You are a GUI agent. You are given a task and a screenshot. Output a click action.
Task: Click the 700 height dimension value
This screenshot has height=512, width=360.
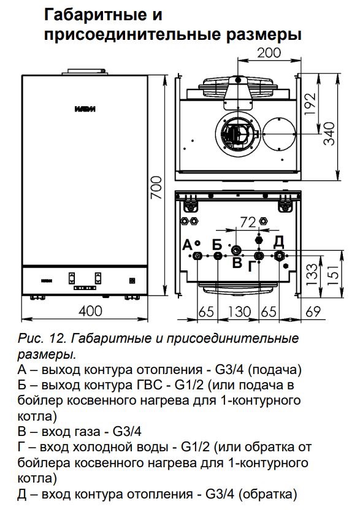(157, 187)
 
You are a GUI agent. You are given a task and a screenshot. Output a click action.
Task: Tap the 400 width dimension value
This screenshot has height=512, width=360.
(90, 311)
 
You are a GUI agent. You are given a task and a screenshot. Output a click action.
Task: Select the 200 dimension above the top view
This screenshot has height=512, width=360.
(269, 52)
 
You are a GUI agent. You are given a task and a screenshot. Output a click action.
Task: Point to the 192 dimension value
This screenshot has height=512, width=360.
(311, 104)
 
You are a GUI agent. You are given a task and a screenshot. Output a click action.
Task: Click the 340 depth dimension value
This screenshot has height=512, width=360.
(329, 133)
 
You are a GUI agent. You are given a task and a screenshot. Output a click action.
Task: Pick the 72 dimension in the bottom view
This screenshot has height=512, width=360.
(248, 223)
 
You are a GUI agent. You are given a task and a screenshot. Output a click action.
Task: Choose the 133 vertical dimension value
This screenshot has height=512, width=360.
(312, 274)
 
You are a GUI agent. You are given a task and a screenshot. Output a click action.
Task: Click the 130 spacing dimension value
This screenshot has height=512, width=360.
(239, 311)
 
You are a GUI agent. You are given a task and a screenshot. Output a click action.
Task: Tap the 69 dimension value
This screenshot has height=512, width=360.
(313, 311)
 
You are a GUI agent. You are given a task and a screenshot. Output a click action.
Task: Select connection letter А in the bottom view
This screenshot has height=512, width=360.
(187, 245)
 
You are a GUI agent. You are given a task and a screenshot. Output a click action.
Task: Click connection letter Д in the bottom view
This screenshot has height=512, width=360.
(278, 242)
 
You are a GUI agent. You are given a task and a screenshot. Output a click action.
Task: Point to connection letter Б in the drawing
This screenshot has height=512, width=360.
(217, 244)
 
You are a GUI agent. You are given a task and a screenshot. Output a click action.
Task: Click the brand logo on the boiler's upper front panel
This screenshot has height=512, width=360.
(85, 109)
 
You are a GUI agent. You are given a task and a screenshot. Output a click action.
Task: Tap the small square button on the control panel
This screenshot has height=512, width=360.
(132, 280)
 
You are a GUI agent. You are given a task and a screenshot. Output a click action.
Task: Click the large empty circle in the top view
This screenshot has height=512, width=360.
(279, 134)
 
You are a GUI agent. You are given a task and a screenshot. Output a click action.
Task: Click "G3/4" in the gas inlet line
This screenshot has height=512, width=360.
(127, 432)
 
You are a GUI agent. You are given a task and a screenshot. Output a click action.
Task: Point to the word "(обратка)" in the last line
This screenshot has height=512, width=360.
(268, 494)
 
